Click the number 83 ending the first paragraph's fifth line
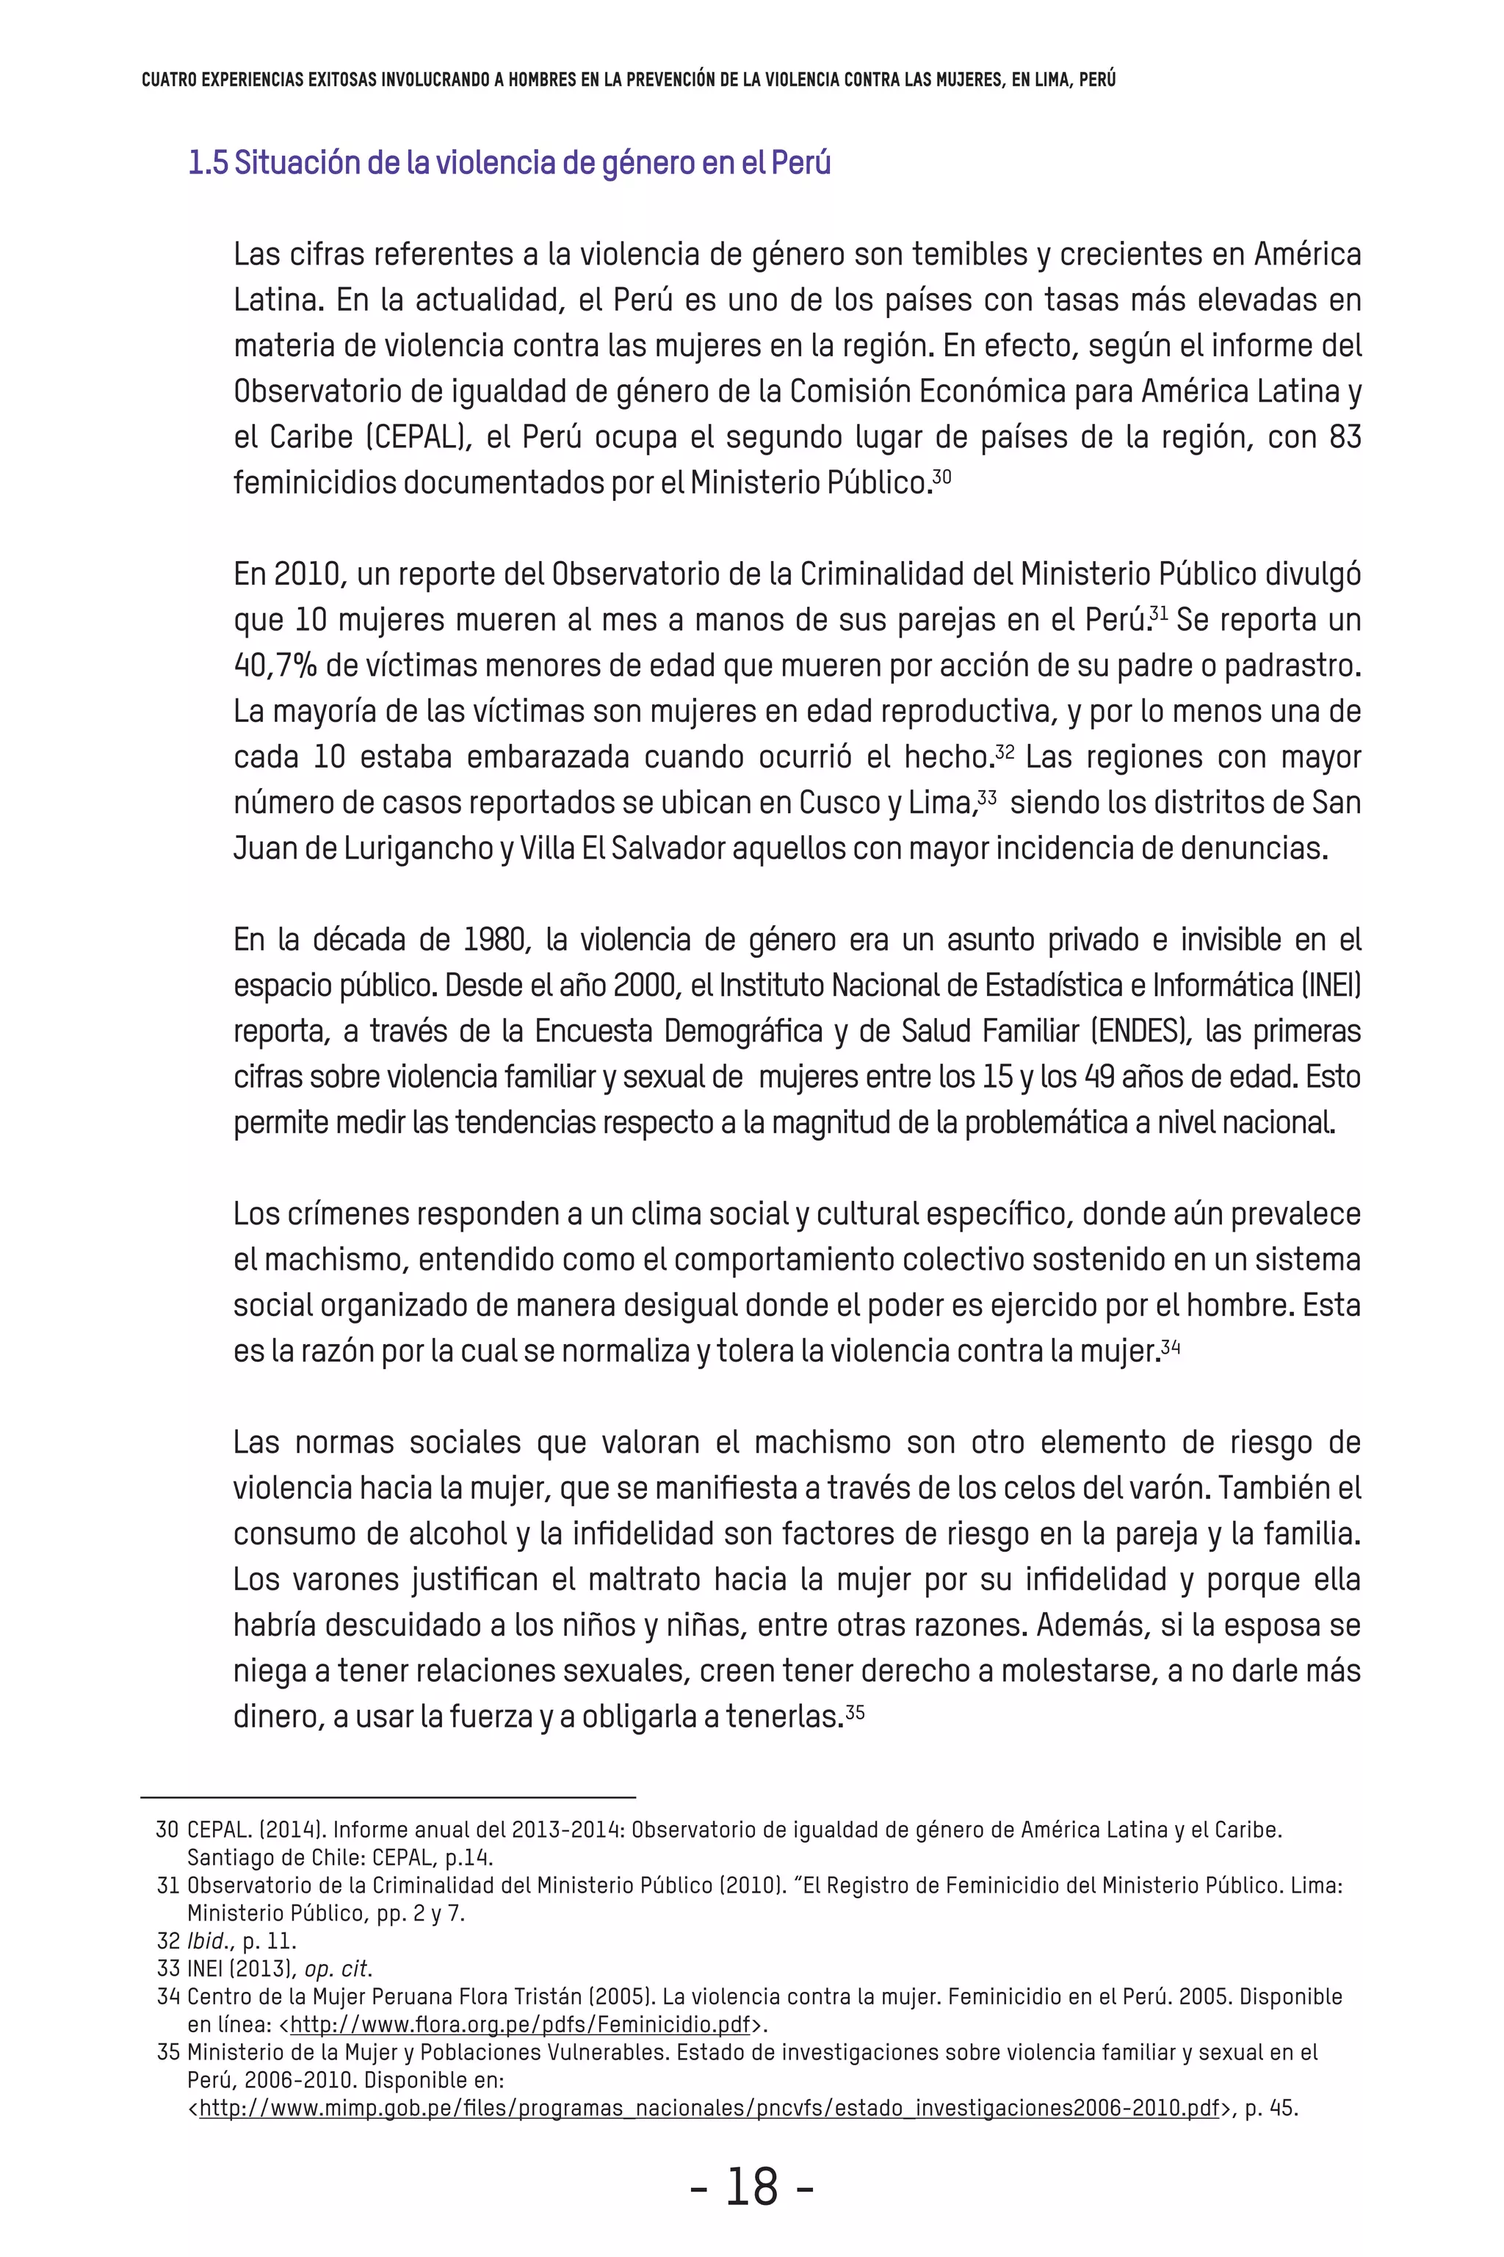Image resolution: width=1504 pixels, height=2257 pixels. (1345, 438)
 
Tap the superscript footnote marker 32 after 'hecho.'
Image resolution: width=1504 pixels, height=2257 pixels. (1005, 750)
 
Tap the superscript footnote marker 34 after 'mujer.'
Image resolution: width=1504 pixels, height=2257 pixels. (1170, 1344)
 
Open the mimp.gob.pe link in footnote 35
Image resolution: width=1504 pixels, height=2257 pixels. (709, 2109)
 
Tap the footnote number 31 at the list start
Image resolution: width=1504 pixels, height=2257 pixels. (168, 1885)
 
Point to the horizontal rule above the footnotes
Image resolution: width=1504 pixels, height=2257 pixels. (388, 1796)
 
